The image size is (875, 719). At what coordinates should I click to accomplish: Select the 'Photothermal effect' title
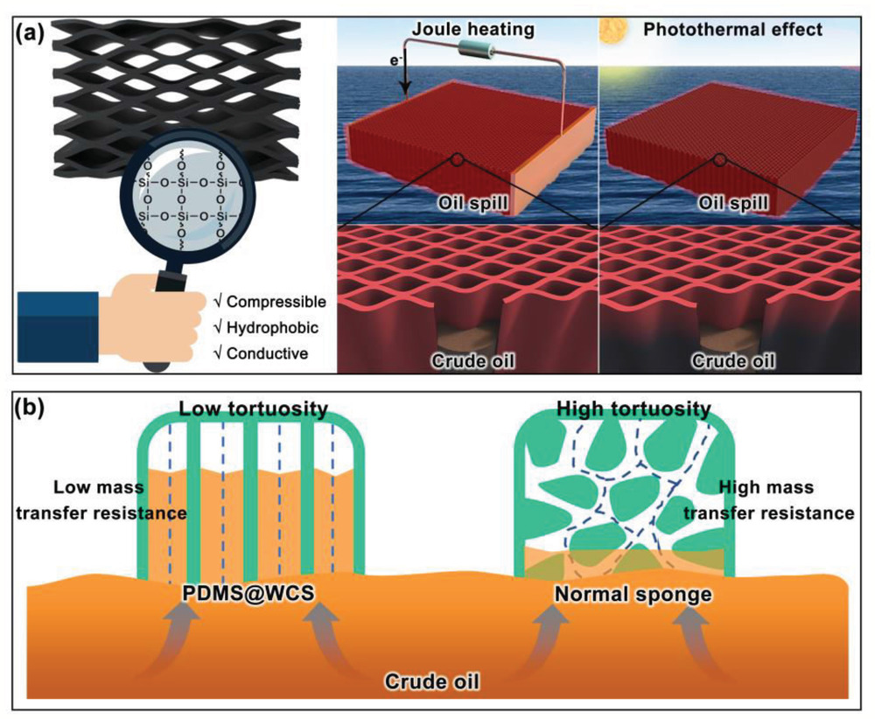[732, 30]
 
